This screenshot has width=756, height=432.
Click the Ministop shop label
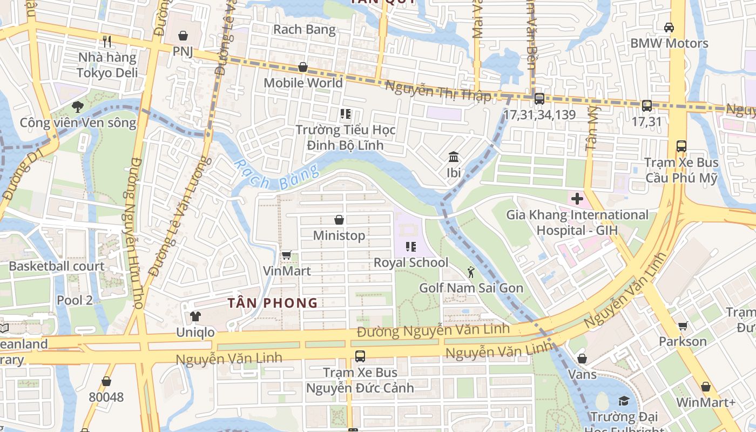click(x=339, y=235)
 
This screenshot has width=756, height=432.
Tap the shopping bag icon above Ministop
click(x=339, y=220)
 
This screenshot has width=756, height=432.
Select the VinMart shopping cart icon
click(x=286, y=255)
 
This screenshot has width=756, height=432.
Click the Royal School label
click(x=411, y=262)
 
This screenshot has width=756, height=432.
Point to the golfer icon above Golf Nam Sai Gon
click(x=471, y=272)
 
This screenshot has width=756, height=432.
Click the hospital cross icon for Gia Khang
click(x=577, y=199)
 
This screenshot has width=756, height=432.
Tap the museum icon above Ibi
click(x=454, y=157)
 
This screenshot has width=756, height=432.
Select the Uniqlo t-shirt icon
click(x=195, y=316)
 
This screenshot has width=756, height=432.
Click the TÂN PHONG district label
click(x=272, y=303)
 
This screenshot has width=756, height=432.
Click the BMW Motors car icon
click(x=669, y=27)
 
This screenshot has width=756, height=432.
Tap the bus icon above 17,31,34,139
click(x=539, y=99)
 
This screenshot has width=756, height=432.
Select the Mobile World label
click(x=303, y=83)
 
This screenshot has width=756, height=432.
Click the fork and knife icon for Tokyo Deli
click(x=107, y=41)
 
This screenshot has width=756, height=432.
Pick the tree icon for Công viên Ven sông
click(x=78, y=106)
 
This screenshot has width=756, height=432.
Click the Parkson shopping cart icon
click(x=683, y=326)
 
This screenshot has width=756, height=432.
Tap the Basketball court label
click(x=57, y=266)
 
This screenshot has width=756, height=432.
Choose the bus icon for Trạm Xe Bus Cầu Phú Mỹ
click(x=681, y=146)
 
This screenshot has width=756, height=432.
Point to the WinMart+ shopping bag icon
click(x=706, y=387)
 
